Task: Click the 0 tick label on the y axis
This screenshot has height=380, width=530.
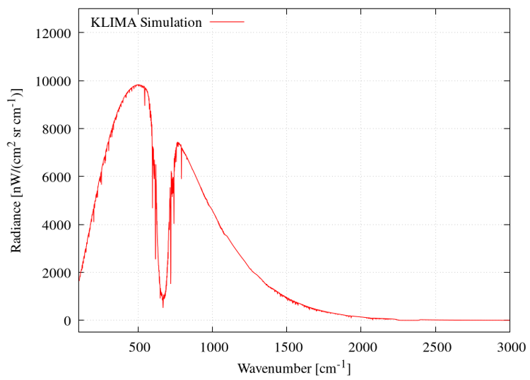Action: tap(69, 321)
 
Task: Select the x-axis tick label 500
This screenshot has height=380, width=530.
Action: tap(139, 346)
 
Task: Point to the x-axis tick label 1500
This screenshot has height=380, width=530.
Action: tap(286, 346)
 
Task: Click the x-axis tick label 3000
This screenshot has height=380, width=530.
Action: tap(509, 346)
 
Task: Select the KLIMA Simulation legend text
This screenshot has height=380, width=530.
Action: tap(146, 23)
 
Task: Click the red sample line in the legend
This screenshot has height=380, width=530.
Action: tap(227, 23)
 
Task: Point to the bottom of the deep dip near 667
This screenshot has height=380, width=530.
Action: tap(163, 307)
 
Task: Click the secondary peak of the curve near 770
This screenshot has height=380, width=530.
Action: tap(178, 143)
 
